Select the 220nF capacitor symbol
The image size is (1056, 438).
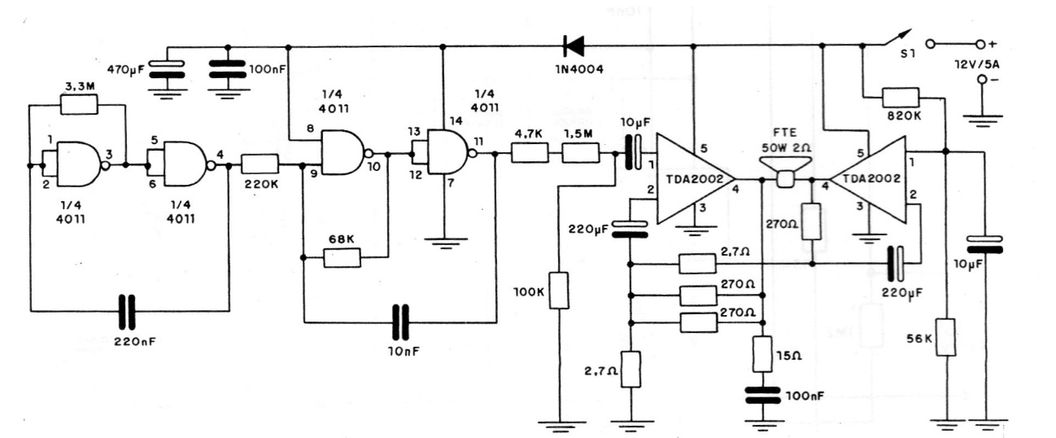coord(126,310)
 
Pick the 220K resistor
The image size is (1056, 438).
coord(261,164)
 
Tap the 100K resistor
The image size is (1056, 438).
coord(558,290)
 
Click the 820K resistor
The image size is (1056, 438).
coord(901,99)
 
